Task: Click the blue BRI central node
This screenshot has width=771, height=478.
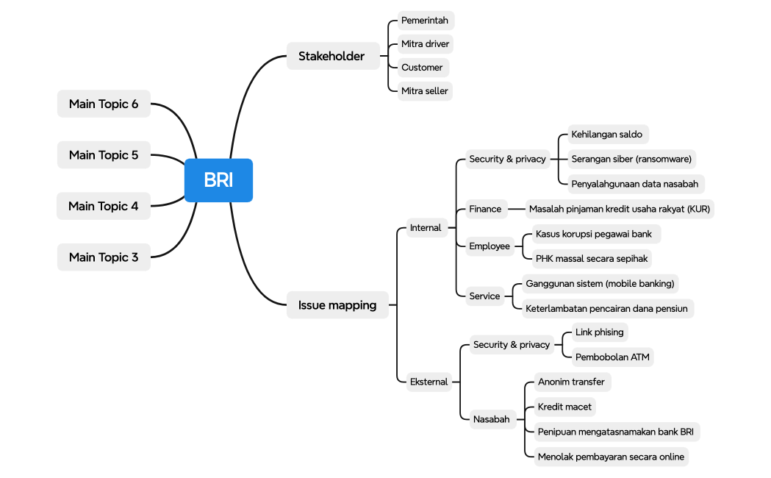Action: [x=218, y=180]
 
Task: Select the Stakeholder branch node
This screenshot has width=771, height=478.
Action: [x=331, y=56]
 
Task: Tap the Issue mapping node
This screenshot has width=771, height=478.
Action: [x=337, y=305]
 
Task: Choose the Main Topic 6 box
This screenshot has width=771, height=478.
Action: [x=104, y=104]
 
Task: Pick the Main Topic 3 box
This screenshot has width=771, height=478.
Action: [x=104, y=257]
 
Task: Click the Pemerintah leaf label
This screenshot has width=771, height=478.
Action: [x=425, y=20]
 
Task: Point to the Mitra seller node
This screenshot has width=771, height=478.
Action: [x=425, y=91]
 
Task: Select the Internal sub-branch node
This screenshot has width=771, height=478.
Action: [x=426, y=228]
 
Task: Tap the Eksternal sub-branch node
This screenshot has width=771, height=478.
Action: [x=428, y=382]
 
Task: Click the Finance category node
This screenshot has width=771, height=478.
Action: [x=485, y=209]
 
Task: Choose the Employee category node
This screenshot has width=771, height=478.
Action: [x=490, y=246]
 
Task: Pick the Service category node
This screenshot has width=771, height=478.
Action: [x=484, y=296]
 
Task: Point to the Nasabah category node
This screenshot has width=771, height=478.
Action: [x=491, y=419]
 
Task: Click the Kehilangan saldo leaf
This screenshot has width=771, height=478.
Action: [x=606, y=135]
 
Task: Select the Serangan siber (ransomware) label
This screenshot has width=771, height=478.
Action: [x=631, y=159]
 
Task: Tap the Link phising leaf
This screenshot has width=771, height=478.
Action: [x=599, y=332]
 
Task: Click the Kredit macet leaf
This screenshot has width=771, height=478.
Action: [x=564, y=407]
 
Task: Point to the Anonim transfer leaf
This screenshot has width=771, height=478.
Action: [x=571, y=382]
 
